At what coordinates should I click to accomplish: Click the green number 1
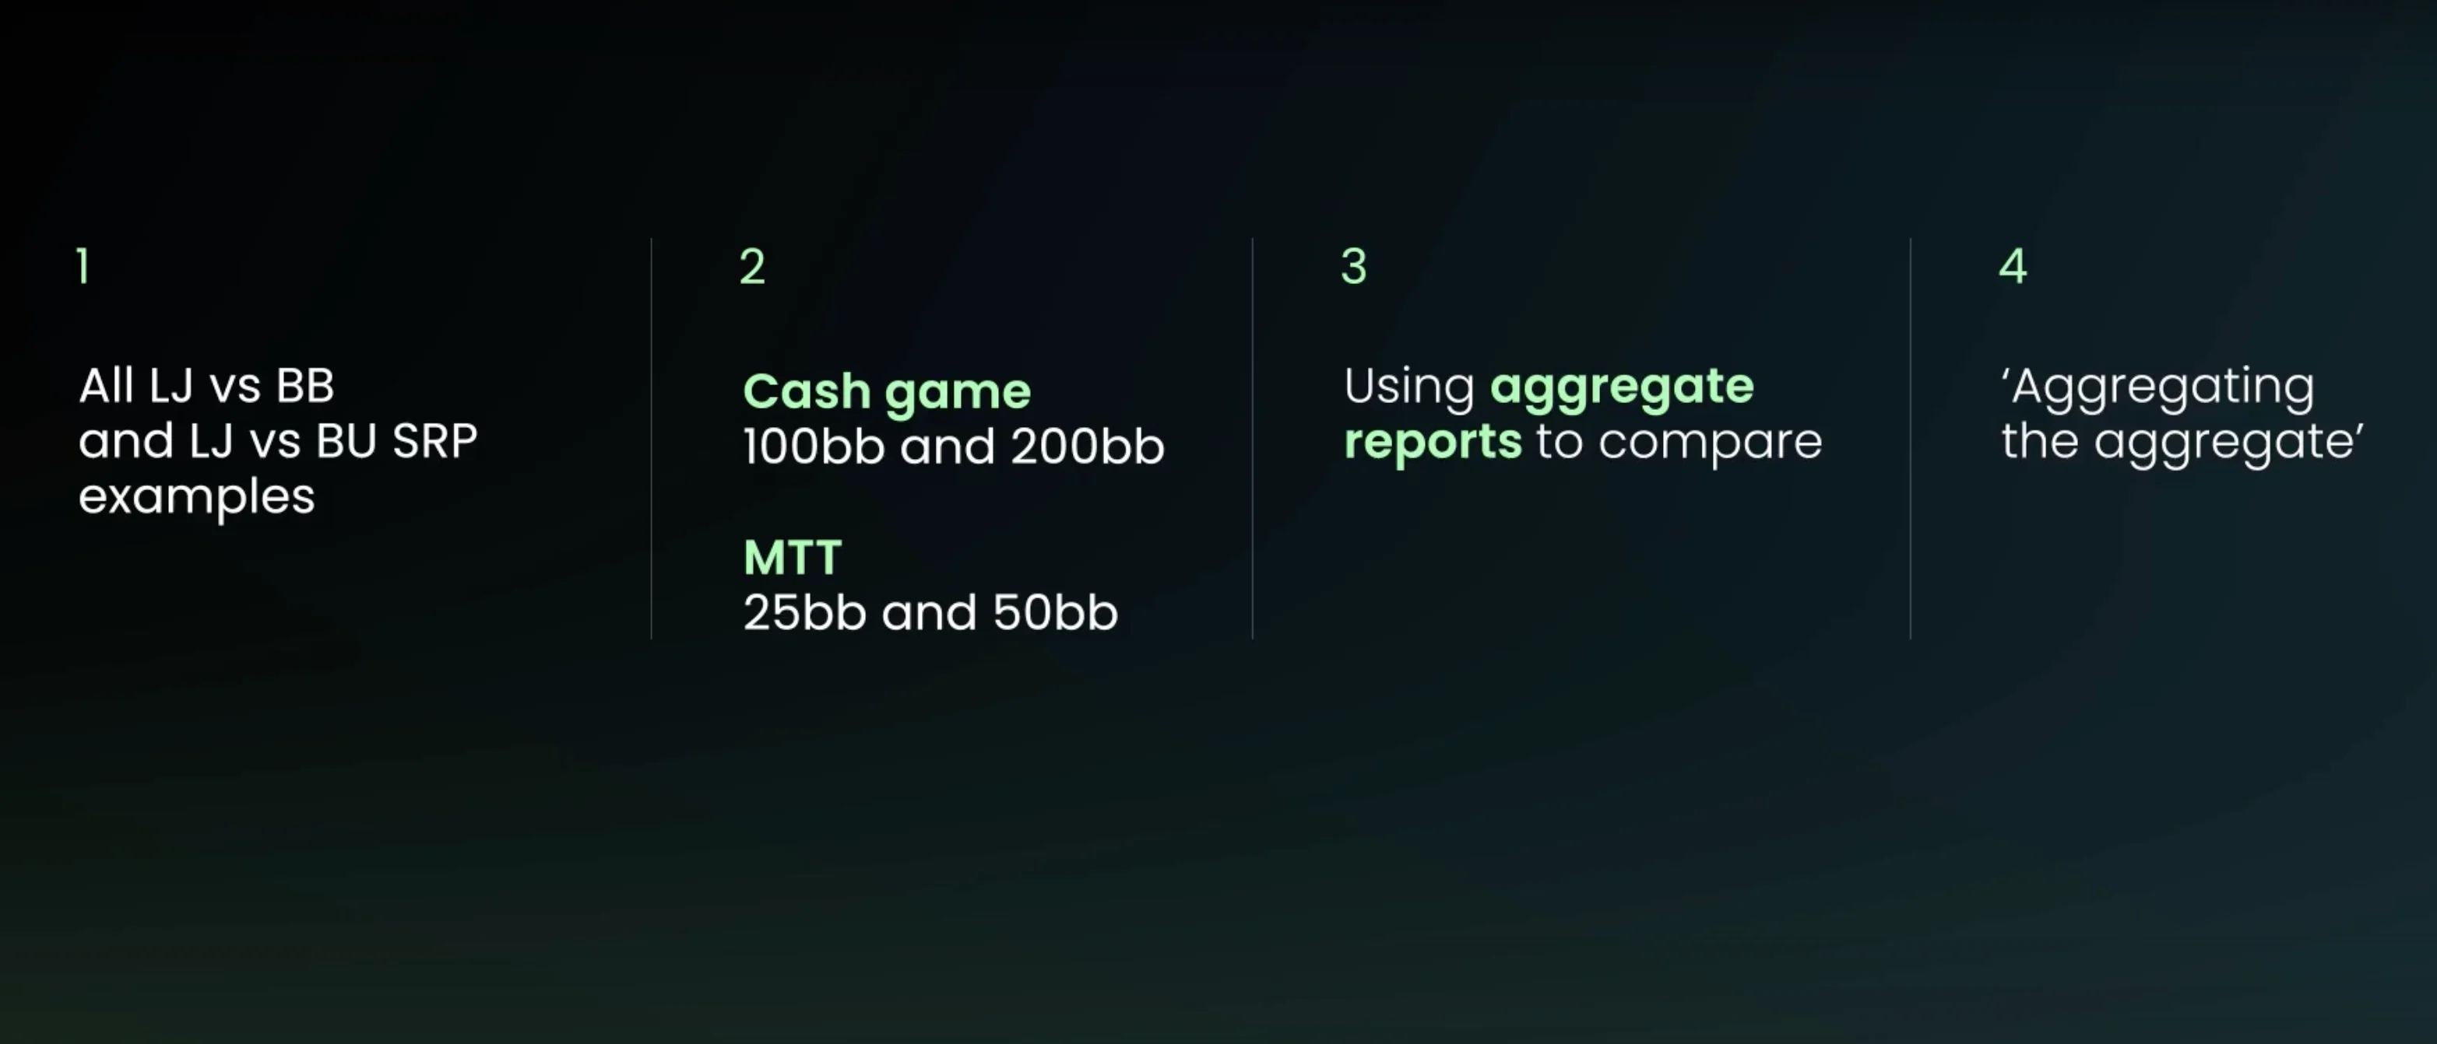(83, 266)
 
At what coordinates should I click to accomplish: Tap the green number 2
(752, 266)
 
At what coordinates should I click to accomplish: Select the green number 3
(1354, 266)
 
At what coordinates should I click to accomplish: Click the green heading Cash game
(887, 391)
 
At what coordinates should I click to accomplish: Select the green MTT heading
(793, 557)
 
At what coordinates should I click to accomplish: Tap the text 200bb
(1087, 447)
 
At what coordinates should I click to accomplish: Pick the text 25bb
(805, 613)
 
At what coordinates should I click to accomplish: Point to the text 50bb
(1055, 613)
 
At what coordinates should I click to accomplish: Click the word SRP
(434, 440)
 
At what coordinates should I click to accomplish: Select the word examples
(197, 497)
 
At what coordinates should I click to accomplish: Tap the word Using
(1408, 387)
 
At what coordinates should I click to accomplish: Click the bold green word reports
(1433, 443)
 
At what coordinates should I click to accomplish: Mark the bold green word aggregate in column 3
(1622, 387)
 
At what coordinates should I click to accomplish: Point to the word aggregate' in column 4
(2229, 443)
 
